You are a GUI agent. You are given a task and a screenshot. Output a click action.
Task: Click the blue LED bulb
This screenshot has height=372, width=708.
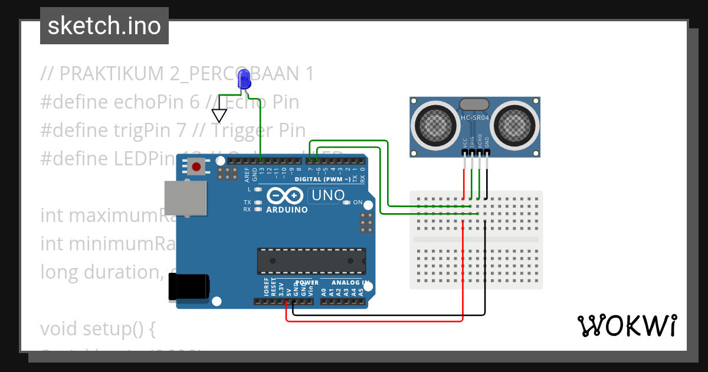pos(244,79)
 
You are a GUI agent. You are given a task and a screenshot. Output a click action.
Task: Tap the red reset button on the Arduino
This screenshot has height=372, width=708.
pos(196,167)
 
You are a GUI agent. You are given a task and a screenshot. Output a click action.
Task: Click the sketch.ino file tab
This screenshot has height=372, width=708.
pos(104,26)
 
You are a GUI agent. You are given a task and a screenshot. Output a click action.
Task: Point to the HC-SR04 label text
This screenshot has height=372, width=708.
pos(475,118)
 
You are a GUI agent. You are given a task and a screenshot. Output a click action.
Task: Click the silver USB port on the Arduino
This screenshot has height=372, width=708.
pos(185,198)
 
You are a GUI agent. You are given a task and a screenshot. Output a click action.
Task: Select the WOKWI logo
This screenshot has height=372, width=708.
pos(627,325)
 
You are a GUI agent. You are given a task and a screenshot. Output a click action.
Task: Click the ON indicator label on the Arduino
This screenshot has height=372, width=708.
pos(358,203)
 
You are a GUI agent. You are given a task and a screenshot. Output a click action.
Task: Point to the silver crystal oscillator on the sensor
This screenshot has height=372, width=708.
pos(474,105)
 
